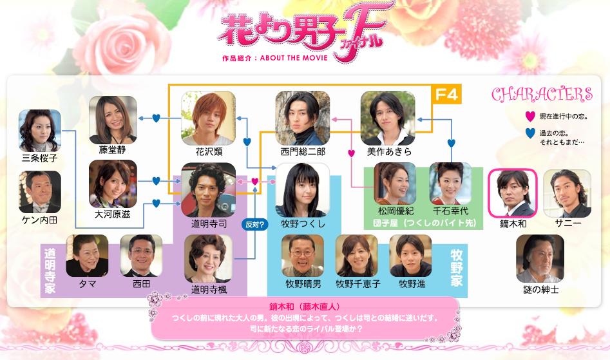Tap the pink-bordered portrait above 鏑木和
tap(513, 193)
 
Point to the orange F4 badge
tap(446, 95)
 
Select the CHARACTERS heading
tap(542, 95)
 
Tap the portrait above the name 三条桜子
tap(40, 130)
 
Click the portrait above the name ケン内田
tap(40, 191)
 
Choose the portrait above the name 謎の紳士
tap(540, 258)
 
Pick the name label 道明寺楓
tap(209, 289)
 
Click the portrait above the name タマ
tap(88, 256)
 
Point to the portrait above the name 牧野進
tap(410, 256)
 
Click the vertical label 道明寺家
tap(50, 270)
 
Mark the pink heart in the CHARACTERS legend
tap(529, 117)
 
